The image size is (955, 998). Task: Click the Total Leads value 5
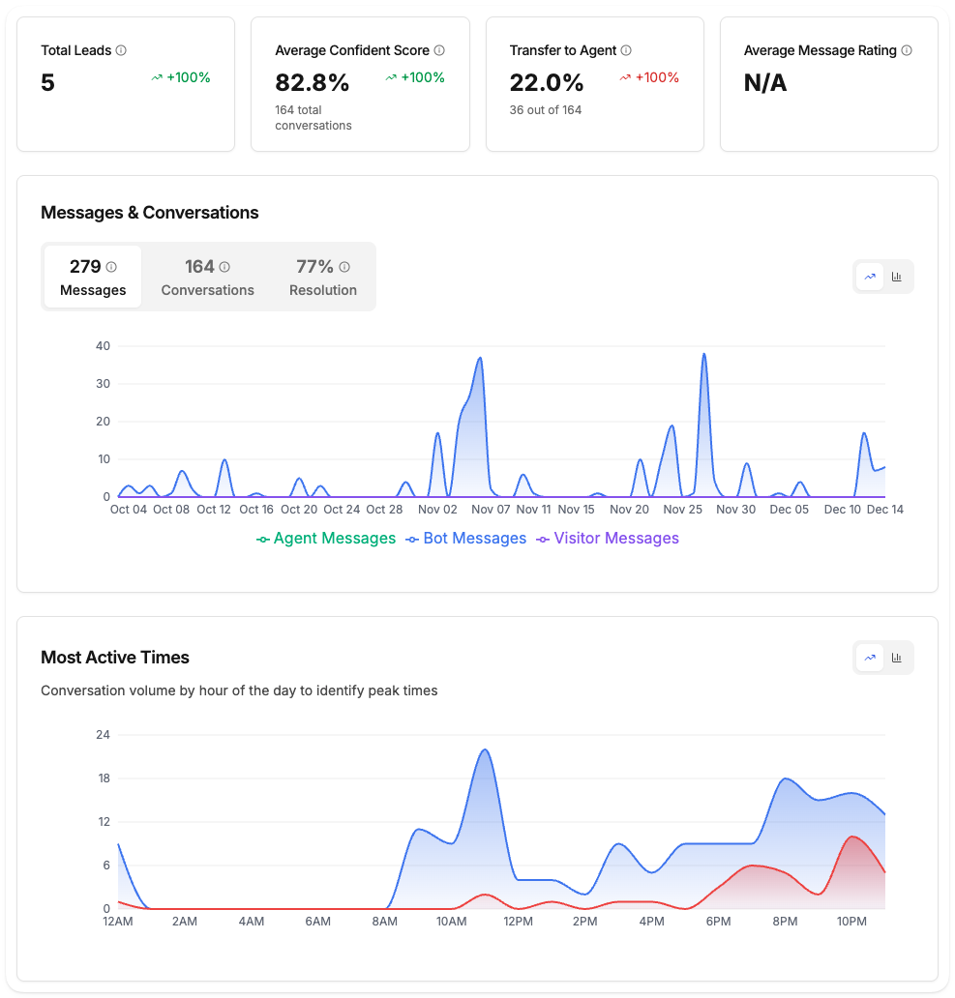[48, 83]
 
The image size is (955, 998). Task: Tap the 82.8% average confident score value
[312, 83]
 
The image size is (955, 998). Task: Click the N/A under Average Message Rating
[765, 83]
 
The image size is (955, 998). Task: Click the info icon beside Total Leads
[121, 50]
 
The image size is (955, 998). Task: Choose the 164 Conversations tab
[207, 278]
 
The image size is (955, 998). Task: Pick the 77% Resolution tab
[322, 278]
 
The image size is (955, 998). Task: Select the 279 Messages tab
[93, 278]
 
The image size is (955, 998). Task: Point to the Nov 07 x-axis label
[491, 510]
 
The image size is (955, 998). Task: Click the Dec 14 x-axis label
[884, 510]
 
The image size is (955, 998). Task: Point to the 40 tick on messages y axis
[103, 346]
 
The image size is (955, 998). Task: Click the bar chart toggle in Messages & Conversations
[897, 277]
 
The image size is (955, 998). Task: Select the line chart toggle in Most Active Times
[870, 658]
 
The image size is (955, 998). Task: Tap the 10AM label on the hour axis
[451, 922]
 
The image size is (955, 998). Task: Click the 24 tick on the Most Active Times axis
[103, 735]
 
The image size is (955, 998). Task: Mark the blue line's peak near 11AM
[485, 749]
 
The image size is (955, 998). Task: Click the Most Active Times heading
[115, 658]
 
